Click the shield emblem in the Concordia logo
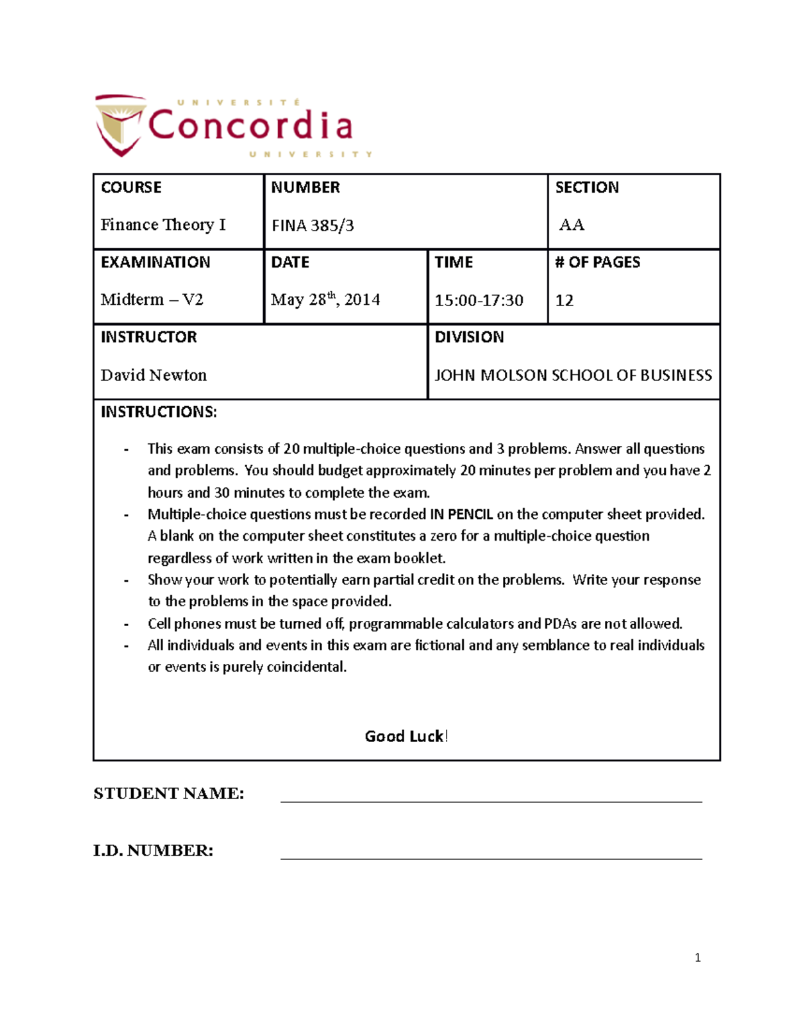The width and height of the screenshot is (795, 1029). click(x=120, y=125)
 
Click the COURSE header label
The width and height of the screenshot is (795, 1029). click(x=131, y=188)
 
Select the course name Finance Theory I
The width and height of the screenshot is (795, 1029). click(x=163, y=225)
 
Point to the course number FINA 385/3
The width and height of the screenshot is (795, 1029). click(x=313, y=226)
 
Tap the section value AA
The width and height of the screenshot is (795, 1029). click(x=572, y=225)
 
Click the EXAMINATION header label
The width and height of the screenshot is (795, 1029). click(x=155, y=262)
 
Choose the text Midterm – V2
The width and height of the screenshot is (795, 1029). click(x=152, y=300)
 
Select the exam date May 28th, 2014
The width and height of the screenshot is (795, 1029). click(x=325, y=299)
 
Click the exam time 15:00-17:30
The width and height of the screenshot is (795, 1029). click(x=478, y=301)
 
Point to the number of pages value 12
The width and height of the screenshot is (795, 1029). click(x=564, y=301)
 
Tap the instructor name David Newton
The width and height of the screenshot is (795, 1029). click(x=154, y=376)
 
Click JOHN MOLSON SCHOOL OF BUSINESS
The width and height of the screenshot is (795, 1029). click(x=573, y=376)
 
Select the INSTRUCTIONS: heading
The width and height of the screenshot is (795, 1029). click(x=158, y=412)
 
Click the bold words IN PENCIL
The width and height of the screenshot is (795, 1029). click(x=462, y=514)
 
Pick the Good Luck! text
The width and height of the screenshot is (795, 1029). click(x=406, y=736)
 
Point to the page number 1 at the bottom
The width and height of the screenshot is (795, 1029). click(x=698, y=957)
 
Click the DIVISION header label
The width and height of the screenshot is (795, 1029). click(x=469, y=337)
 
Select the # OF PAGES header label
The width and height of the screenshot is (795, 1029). click(x=598, y=262)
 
